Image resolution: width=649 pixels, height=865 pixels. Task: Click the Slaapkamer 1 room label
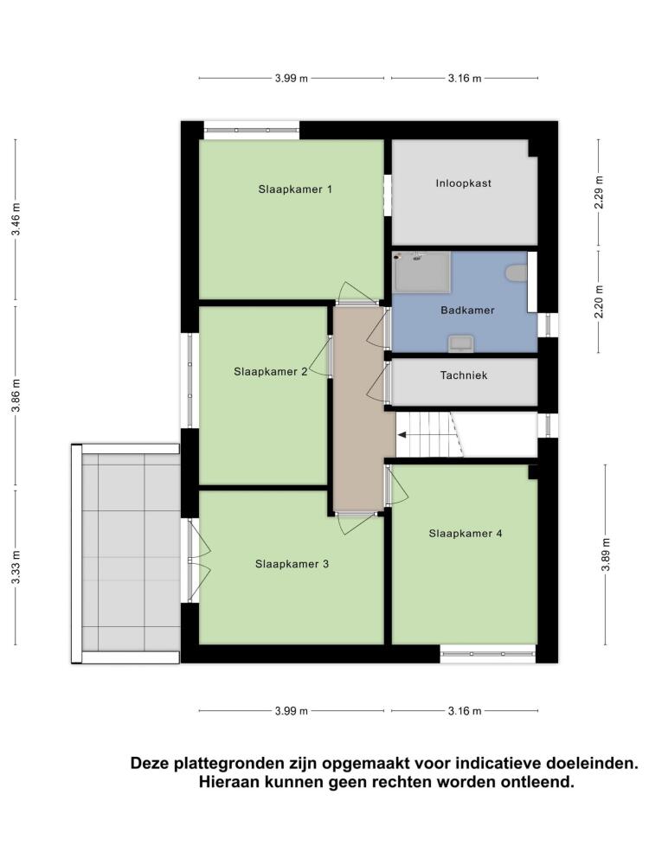(295, 189)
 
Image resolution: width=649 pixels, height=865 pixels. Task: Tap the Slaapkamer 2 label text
(270, 372)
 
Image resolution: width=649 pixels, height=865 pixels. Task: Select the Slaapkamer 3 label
(292, 564)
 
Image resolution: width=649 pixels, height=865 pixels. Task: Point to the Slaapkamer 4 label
(466, 534)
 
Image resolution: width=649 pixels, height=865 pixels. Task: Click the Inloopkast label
(464, 183)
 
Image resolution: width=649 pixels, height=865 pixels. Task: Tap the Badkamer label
(467, 310)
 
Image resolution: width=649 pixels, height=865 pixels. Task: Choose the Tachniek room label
(464, 375)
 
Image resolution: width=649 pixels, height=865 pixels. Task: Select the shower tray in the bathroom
(422, 272)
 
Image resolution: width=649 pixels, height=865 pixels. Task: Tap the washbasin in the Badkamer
(461, 343)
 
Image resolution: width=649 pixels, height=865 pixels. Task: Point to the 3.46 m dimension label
(16, 219)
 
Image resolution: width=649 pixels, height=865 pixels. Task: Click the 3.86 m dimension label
(16, 395)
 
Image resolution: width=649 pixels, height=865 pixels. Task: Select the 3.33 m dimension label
(16, 567)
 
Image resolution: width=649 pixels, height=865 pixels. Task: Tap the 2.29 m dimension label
(600, 192)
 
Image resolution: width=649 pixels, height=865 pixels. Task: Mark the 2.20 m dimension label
(600, 302)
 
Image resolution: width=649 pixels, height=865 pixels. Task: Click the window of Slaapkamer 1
(252, 131)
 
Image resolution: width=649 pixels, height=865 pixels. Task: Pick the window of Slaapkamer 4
(488, 654)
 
